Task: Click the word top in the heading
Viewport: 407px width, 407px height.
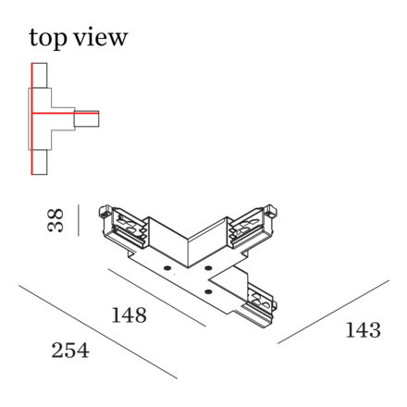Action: [48, 38]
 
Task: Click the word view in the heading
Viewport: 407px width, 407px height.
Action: [101, 37]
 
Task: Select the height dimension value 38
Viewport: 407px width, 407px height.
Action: [55, 220]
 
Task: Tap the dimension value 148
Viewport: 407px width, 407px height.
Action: [129, 315]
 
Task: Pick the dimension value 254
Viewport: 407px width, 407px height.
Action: [70, 351]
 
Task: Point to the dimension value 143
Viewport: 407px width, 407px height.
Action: [364, 330]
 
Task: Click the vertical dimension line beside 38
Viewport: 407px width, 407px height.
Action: [79, 220]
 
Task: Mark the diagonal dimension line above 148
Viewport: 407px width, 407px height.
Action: [157, 297]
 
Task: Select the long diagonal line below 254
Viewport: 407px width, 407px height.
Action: [98, 332]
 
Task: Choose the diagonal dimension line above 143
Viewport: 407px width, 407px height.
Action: [333, 312]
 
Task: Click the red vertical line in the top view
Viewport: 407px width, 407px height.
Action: [31, 118]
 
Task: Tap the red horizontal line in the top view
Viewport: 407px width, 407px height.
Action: [65, 113]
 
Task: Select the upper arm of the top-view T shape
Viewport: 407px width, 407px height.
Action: [39, 76]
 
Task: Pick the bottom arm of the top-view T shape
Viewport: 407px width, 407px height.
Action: [39, 163]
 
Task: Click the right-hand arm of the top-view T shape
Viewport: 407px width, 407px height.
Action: [86, 118]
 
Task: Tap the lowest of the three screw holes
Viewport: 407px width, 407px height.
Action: [208, 290]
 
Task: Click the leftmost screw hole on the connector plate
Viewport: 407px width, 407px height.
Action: [167, 267]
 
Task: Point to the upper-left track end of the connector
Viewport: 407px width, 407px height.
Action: [123, 227]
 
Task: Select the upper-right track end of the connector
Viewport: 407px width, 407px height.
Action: [253, 226]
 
